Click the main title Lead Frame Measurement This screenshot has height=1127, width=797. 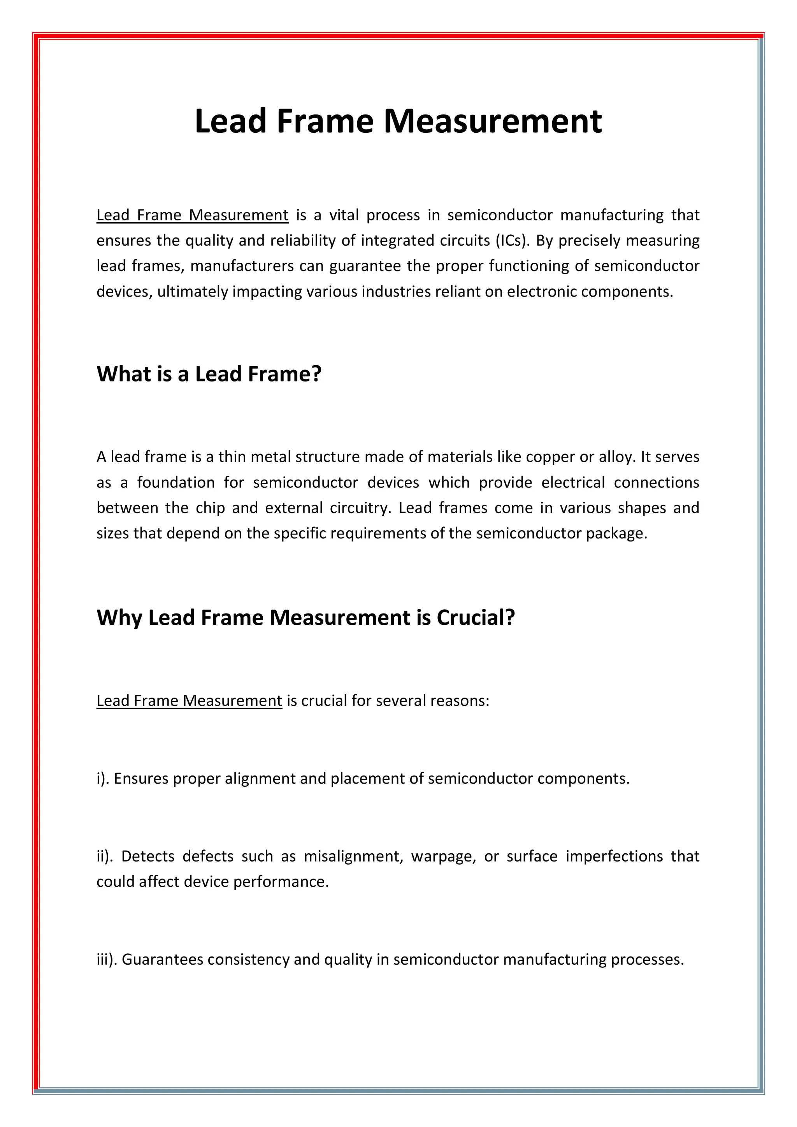(398, 121)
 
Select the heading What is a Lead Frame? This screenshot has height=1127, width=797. (209, 374)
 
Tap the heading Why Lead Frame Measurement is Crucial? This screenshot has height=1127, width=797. (305, 617)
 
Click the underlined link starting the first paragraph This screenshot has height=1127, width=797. (192, 216)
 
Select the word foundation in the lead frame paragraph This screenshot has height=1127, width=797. (176, 482)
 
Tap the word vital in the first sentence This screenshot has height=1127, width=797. (344, 216)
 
